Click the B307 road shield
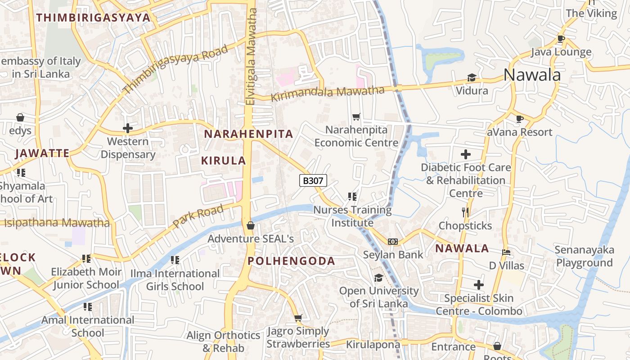coord(313,181)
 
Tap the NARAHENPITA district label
coord(248,134)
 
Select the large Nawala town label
coord(532,75)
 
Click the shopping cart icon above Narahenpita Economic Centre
coord(356,117)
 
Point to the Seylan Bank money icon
coord(393,242)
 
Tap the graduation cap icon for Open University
coord(378,278)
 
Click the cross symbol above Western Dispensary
coord(128,128)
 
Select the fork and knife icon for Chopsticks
coord(465,212)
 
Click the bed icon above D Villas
coord(506,252)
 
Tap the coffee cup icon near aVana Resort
coord(520,119)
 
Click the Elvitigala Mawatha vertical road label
coord(251,56)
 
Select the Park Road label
coord(198,216)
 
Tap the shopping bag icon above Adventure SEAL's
coord(251,225)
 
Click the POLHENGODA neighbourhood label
coord(291,261)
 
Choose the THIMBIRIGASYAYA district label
coord(93,18)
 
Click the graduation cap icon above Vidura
coord(472,78)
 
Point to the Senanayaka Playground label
coord(585,256)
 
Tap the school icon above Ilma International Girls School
coord(175,260)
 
